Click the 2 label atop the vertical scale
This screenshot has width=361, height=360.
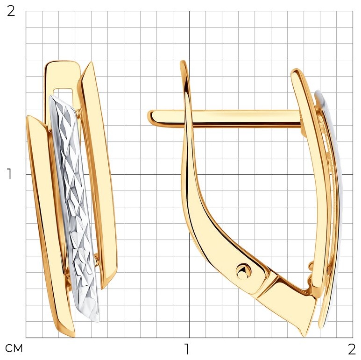(11, 11)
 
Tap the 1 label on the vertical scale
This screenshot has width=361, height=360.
(9, 174)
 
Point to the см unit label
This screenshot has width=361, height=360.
(14, 348)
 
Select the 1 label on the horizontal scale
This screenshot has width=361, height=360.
(187, 349)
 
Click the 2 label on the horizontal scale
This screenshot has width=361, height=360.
(352, 349)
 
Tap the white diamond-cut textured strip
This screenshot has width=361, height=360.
(74, 207)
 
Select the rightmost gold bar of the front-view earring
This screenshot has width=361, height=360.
(98, 175)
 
